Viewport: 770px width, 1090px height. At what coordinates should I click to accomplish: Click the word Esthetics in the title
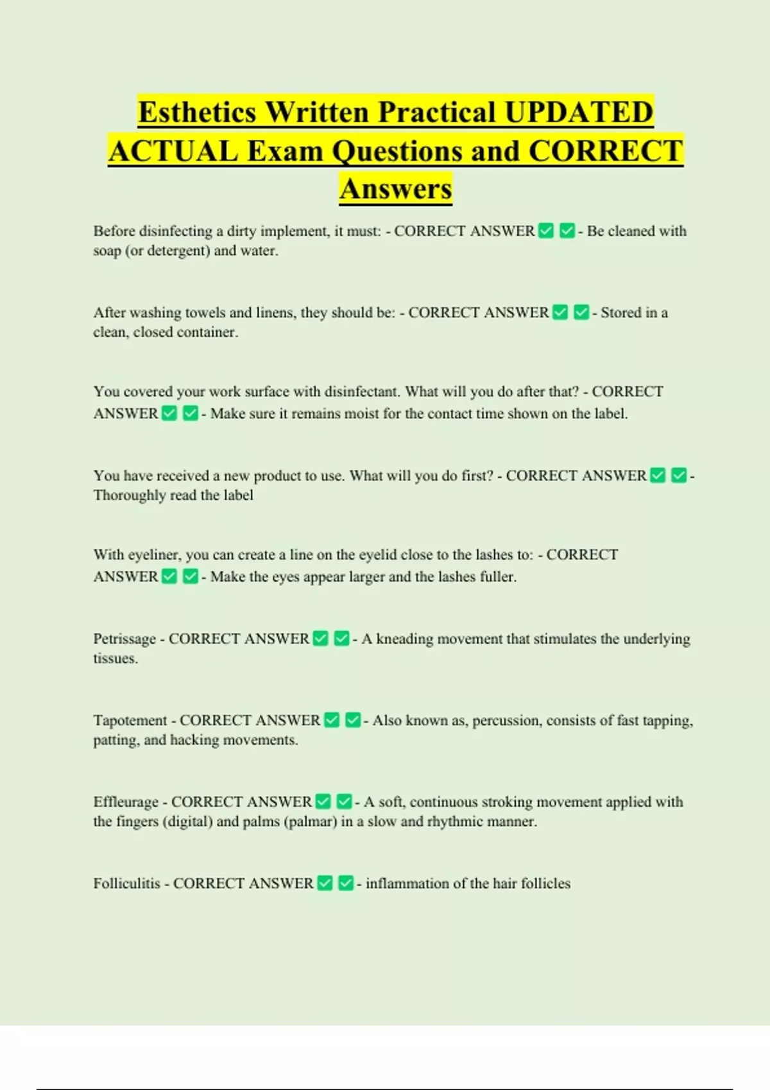tap(198, 112)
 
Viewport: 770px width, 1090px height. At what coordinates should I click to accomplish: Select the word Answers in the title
tap(396, 189)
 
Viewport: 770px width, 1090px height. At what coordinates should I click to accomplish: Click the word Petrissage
tap(124, 639)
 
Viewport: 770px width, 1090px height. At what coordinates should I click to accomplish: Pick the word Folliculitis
tap(126, 884)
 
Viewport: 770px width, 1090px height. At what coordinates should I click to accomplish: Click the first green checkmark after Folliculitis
tap(325, 884)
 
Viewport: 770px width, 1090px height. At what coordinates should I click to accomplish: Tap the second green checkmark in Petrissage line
tap(342, 639)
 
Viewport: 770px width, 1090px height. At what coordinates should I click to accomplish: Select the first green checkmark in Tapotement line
tap(332, 720)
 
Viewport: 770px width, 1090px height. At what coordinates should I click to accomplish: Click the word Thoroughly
tap(128, 496)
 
